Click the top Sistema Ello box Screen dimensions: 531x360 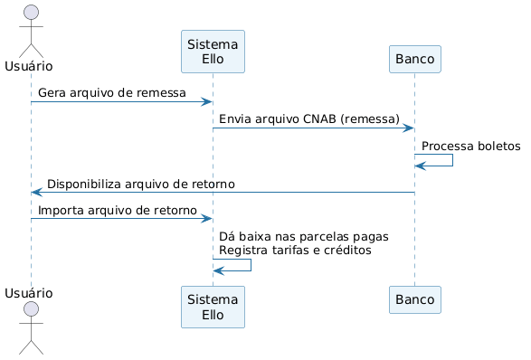pyautogui.click(x=213, y=52)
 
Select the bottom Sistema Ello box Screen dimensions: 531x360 pyautogui.click(x=213, y=307)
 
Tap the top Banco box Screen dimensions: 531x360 pyautogui.click(x=415, y=59)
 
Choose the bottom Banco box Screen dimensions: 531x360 pyautogui.click(x=415, y=299)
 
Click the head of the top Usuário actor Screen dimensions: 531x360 pyautogui.click(x=31, y=12)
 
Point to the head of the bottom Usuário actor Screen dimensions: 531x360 pyautogui.click(x=31, y=308)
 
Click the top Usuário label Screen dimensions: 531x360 pyautogui.click(x=29, y=66)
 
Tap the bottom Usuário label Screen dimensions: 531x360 pyautogui.click(x=29, y=293)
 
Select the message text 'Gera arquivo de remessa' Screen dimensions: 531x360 pyautogui.click(x=112, y=93)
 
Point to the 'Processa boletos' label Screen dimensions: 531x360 pyautogui.click(x=471, y=146)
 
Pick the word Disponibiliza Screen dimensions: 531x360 pyautogui.click(x=84, y=185)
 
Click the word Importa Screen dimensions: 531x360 pyautogui.click(x=61, y=211)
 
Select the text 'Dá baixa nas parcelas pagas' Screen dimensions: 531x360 pyautogui.click(x=304, y=236)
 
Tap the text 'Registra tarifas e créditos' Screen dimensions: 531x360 pyautogui.click(x=295, y=251)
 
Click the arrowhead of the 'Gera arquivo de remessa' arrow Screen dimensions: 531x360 pyautogui.click(x=207, y=101)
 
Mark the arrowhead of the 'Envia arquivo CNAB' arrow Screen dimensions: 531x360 pyautogui.click(x=409, y=128)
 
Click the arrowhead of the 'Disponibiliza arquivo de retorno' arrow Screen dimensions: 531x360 pyautogui.click(x=36, y=193)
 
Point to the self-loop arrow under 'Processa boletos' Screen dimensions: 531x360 pyautogui.click(x=453, y=160)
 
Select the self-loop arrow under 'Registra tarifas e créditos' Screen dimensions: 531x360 pyautogui.click(x=251, y=265)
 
